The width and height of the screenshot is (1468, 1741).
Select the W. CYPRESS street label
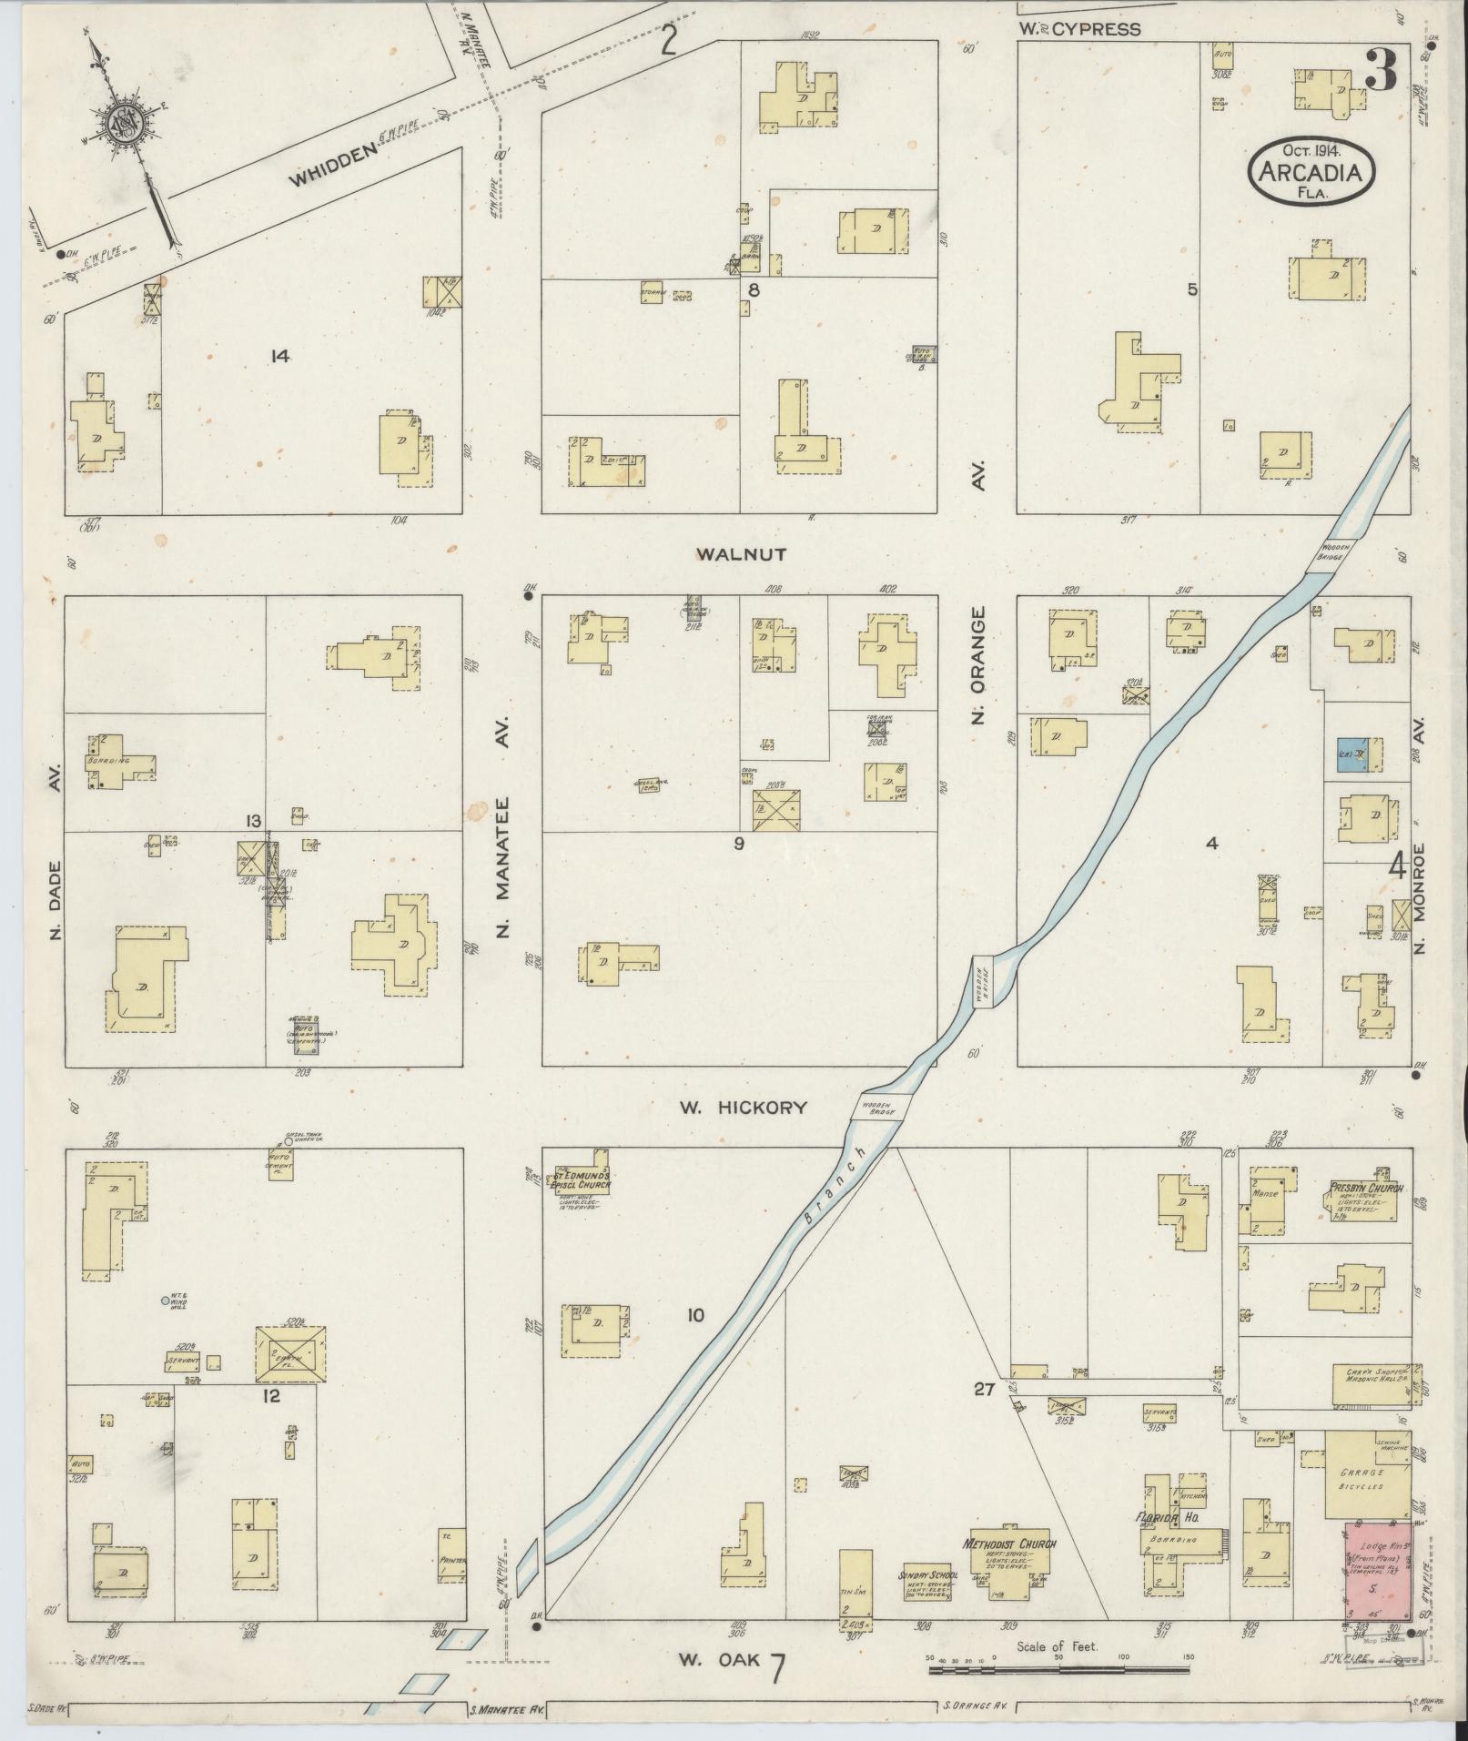click(1079, 29)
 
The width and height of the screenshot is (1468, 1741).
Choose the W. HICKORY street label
click(744, 1108)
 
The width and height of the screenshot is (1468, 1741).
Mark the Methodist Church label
click(1011, 1544)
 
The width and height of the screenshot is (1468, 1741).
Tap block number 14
click(279, 357)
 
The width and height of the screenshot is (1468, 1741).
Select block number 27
click(983, 1389)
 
